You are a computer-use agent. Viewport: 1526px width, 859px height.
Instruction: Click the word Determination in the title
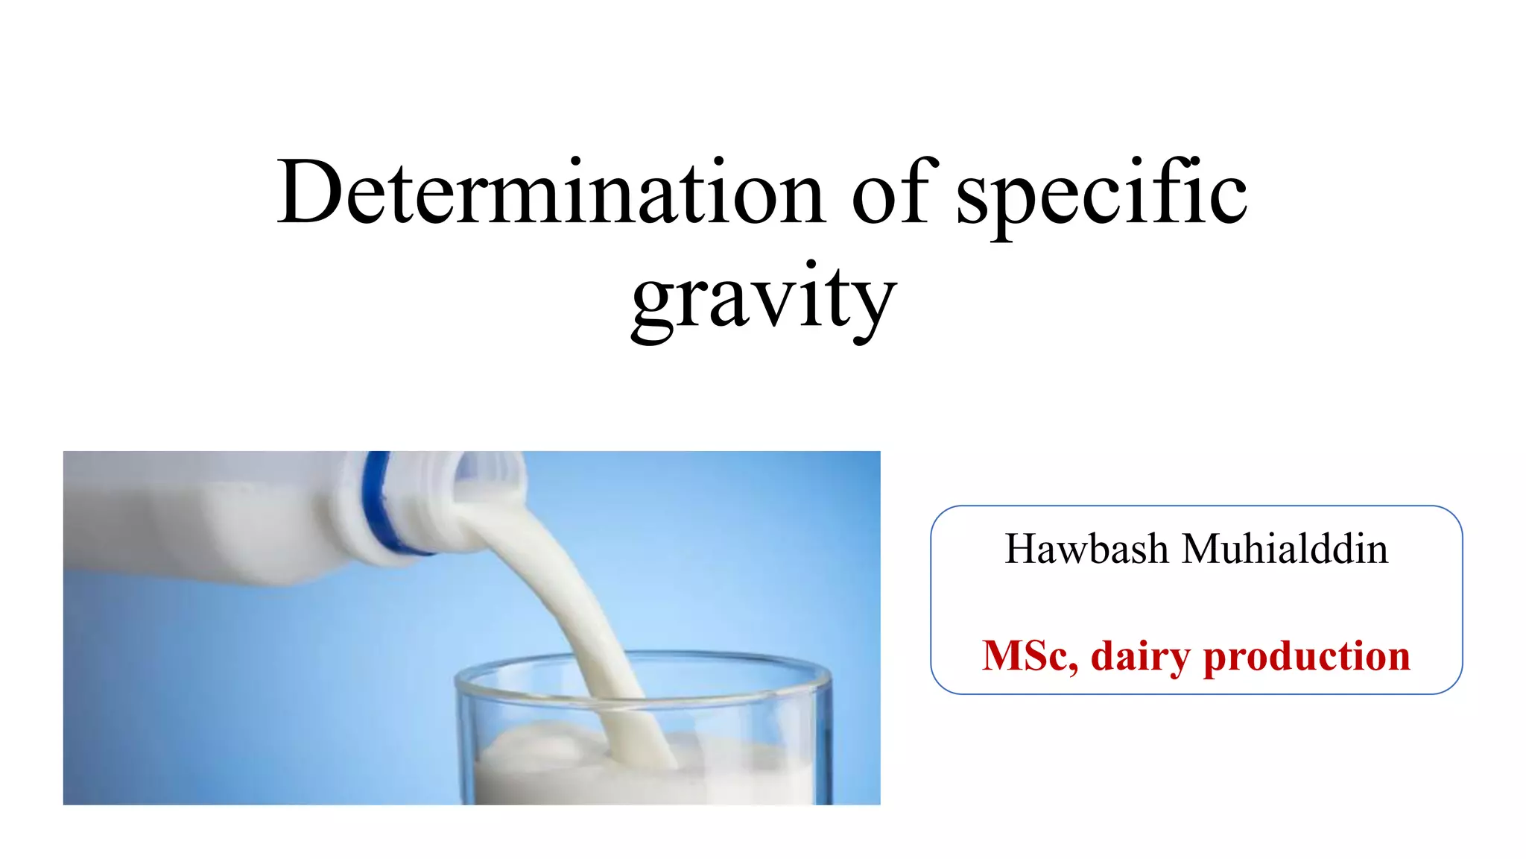click(551, 192)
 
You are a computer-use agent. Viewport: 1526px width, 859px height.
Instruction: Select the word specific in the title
click(1101, 195)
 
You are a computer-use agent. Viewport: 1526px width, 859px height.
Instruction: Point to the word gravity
click(763, 298)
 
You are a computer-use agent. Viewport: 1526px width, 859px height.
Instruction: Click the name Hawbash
click(1086, 550)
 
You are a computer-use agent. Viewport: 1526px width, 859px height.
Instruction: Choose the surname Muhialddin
click(1285, 550)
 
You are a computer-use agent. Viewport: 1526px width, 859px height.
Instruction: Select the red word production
click(1307, 657)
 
